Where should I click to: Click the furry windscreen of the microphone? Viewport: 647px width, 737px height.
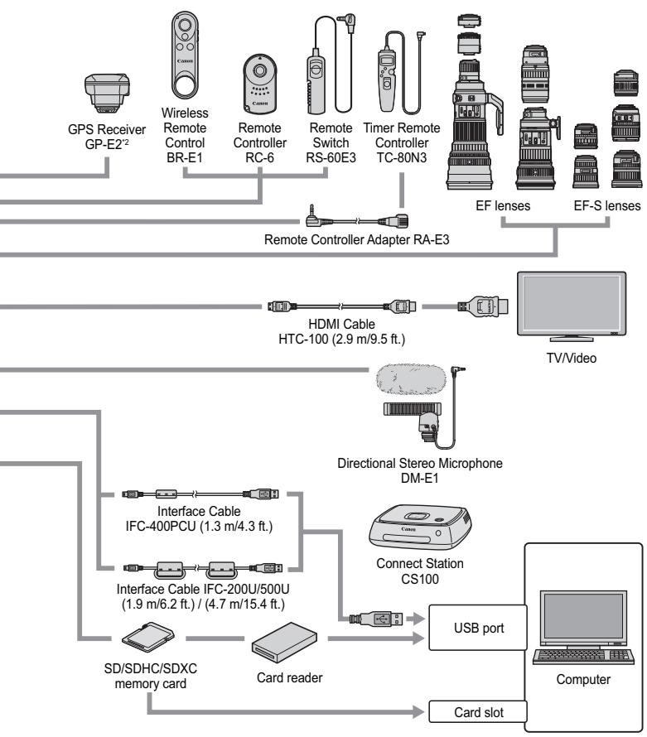pyautogui.click(x=413, y=382)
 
